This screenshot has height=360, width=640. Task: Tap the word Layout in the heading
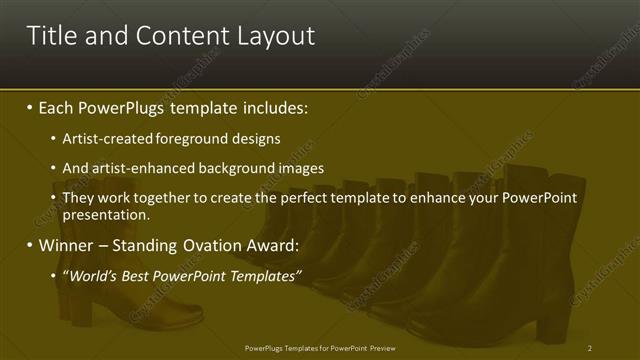271,37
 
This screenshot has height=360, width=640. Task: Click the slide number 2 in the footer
590,347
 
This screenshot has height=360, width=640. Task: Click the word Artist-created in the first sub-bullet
104,138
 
